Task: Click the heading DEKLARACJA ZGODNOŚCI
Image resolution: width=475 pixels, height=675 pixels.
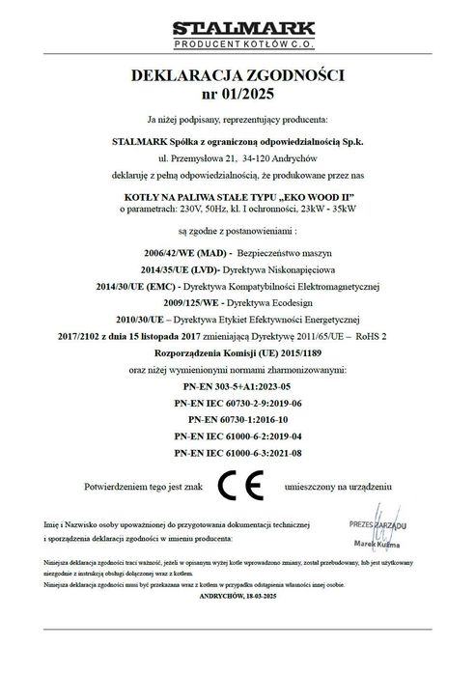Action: click(237, 75)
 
